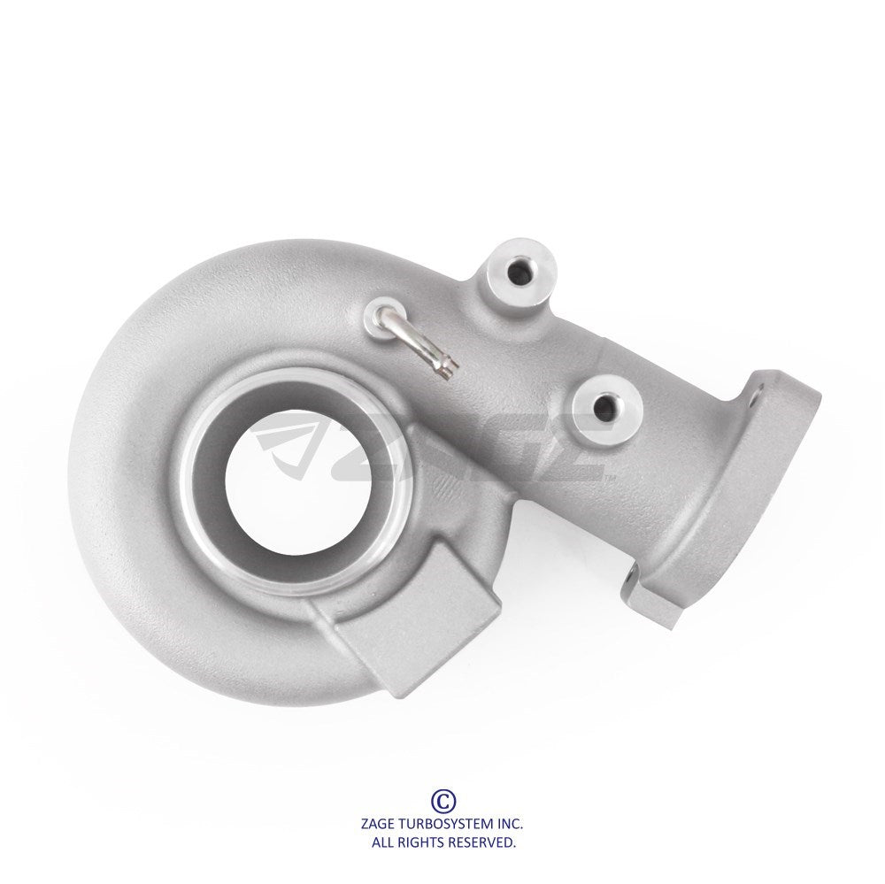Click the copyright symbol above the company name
click(x=443, y=800)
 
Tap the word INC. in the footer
click(x=511, y=823)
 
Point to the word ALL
click(x=382, y=843)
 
